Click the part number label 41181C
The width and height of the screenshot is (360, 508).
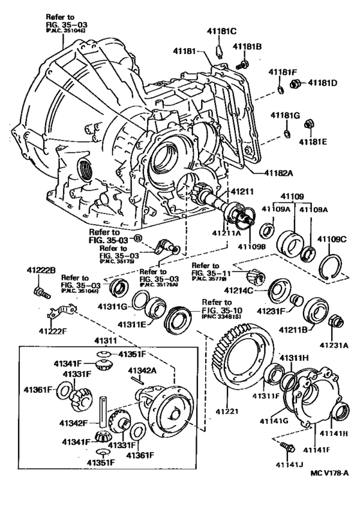coord(221,30)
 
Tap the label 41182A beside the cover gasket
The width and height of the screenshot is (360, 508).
coord(278,172)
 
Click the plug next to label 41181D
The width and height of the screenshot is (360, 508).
coord(296,83)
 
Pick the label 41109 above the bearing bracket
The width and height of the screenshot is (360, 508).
coord(292,195)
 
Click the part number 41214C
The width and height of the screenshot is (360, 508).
coord(242,290)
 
